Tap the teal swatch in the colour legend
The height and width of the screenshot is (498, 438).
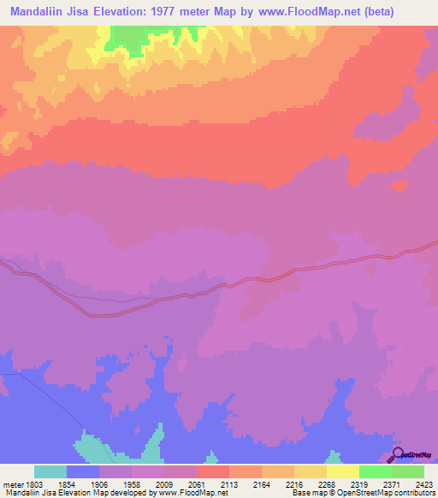point(50,471)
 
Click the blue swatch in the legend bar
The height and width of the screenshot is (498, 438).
point(83,471)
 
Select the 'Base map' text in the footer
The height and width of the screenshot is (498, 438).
point(311,493)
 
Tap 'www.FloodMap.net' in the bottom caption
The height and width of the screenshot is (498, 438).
point(187,493)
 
